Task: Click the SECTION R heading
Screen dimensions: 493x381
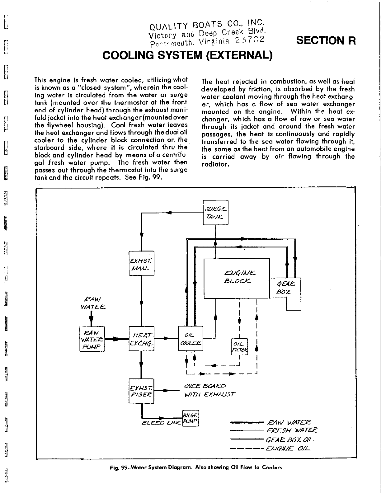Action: [326, 40]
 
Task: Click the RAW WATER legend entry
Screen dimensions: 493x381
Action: [289, 423]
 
